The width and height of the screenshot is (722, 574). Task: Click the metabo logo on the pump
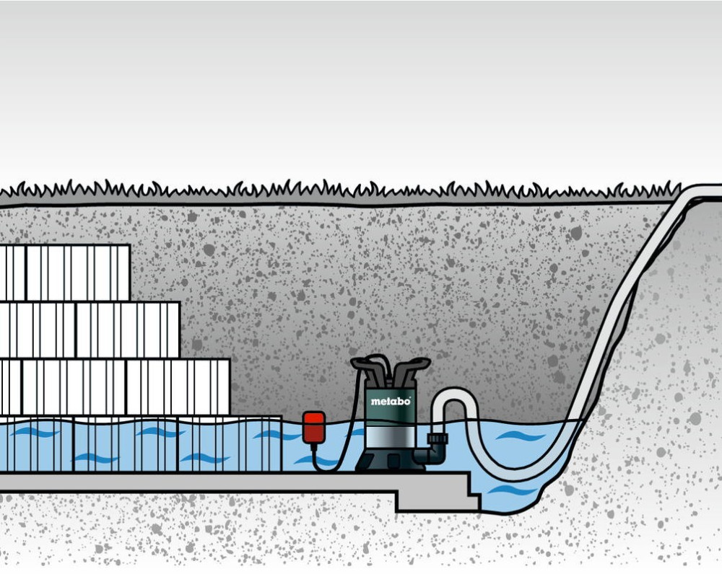pyautogui.click(x=391, y=401)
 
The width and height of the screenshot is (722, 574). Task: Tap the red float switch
pyautogui.click(x=313, y=427)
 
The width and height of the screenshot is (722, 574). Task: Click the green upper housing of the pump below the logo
pyautogui.click(x=391, y=415)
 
